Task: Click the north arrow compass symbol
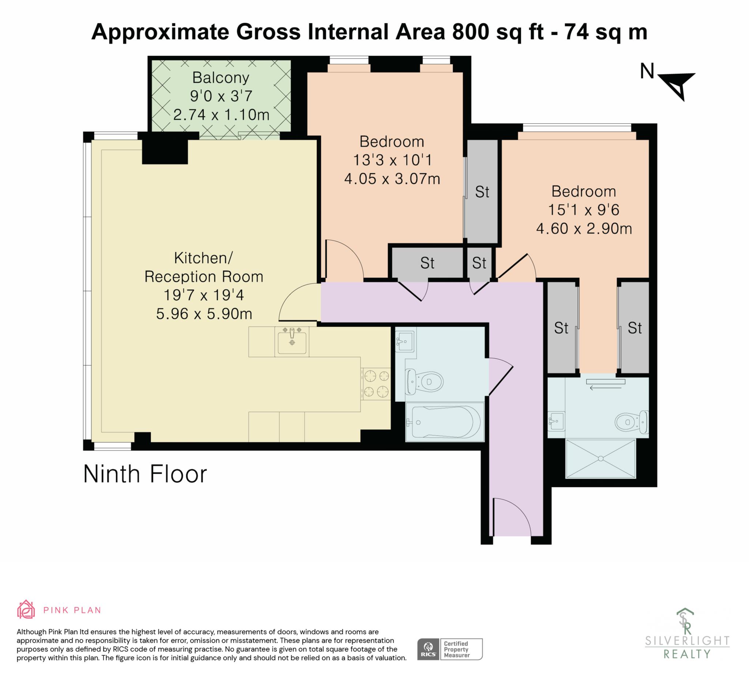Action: point(677,86)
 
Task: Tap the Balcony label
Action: point(221,78)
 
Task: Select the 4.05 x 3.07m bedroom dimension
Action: point(392,179)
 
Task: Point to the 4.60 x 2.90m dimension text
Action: point(584,229)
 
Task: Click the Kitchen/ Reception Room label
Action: point(204,267)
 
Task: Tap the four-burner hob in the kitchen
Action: point(376,384)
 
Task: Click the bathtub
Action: point(445,422)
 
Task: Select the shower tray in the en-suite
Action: point(601,459)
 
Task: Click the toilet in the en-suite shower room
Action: point(632,422)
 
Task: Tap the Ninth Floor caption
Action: point(145,474)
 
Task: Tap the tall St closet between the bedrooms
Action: point(482,192)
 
